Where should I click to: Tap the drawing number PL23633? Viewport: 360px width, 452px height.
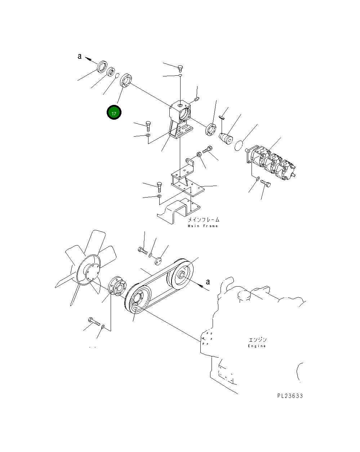pos(290,396)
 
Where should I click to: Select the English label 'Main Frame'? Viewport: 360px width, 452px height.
pos(203,226)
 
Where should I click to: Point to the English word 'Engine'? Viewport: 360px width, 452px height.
pos(257,346)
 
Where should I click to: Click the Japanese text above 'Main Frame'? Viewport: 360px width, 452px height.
pos(203,220)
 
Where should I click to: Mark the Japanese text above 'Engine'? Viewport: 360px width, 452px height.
pos(257,340)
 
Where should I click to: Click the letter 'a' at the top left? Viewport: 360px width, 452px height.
pos(80,56)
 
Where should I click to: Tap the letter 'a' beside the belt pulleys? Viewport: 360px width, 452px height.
pos(207,282)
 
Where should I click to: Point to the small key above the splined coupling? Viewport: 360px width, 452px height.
pos(222,116)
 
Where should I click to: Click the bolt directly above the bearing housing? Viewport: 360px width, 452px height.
pos(181,67)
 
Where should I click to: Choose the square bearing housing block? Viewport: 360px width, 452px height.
pos(182,112)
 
